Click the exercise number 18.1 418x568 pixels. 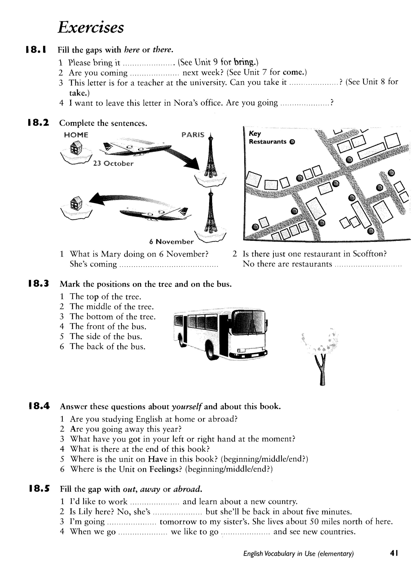(36, 50)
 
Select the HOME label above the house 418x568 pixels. (76, 135)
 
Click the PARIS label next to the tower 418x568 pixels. (193, 135)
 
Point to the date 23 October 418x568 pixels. (113, 164)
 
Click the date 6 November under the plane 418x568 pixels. (171, 242)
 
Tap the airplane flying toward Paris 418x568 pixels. (135, 148)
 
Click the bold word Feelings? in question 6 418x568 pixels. (166, 469)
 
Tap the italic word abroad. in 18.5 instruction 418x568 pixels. (188, 489)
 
